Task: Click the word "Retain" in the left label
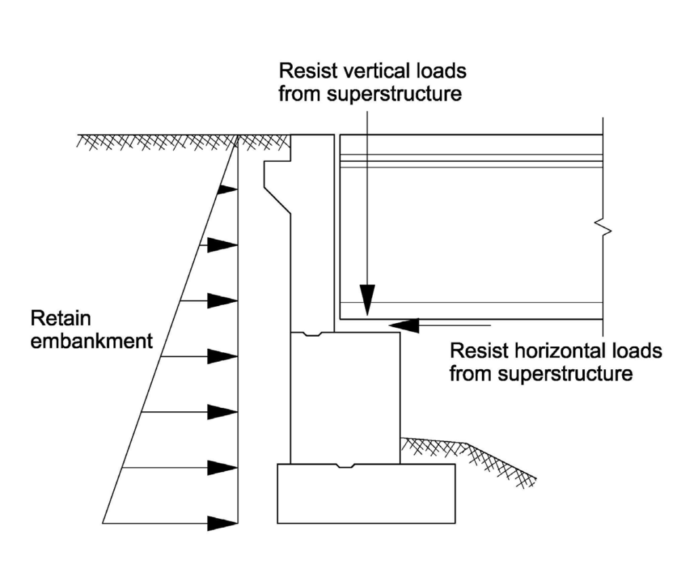tap(58, 319)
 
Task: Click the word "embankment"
tap(91, 340)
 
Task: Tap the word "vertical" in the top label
tap(374, 71)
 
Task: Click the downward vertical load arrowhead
tap(367, 299)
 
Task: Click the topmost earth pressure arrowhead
tap(226, 190)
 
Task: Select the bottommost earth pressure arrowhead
tap(222, 523)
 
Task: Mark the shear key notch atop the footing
tap(346, 465)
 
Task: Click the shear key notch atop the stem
tap(312, 334)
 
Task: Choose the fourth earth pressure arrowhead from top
tap(222, 356)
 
